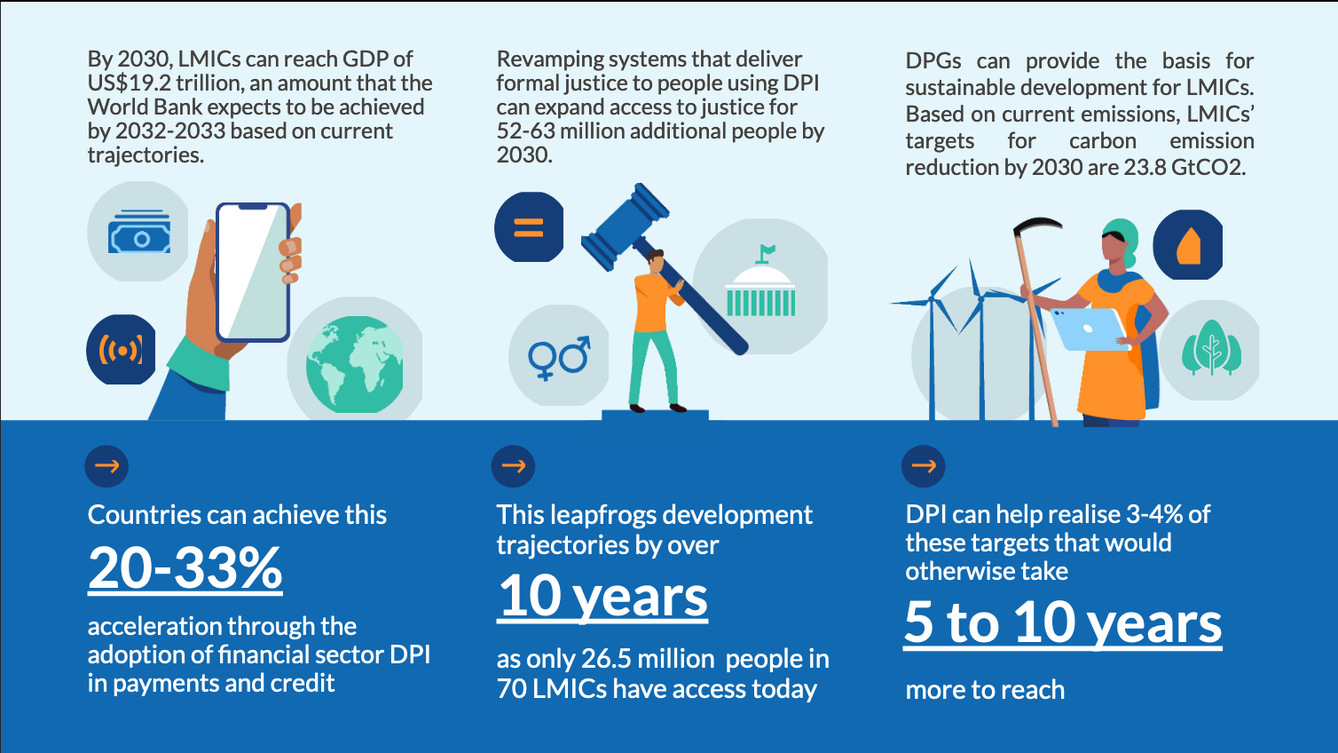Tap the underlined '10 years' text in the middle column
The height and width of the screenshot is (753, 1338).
pos(602,597)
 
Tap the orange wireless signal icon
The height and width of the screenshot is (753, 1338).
pos(122,350)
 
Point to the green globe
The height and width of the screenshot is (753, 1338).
pos(355,365)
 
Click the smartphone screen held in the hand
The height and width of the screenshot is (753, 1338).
pos(253,272)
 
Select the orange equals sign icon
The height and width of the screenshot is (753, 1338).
pos(529,227)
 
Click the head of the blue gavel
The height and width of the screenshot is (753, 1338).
pos(625,226)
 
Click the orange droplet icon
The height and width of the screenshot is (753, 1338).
pos(1189,246)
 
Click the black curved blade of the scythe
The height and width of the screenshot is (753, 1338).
pos(1038,226)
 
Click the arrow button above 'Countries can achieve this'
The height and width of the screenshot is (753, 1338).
pos(107,466)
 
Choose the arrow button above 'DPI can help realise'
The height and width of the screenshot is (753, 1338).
pos(924,466)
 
